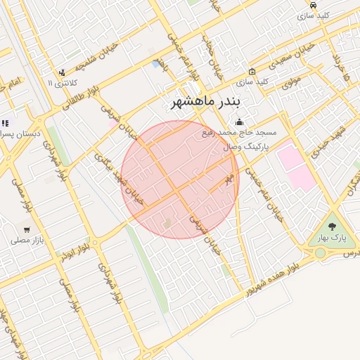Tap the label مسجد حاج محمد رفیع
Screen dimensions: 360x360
[x=239, y=132]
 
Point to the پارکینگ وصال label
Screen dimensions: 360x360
[x=246, y=147]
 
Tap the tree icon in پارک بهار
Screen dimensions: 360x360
[x=332, y=226]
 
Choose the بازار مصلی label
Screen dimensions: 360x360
[x=27, y=240]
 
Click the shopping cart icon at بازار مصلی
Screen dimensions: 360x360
[x=27, y=229]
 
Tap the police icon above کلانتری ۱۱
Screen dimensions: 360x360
[x=62, y=72]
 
